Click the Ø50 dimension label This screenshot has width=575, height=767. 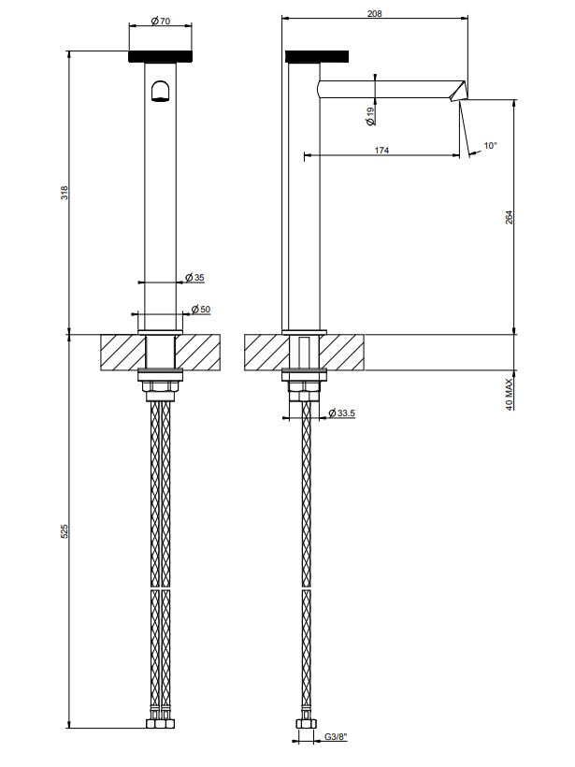[199, 310]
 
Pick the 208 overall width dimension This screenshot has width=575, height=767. [375, 13]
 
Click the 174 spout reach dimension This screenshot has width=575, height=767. [381, 150]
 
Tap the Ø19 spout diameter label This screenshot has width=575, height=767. [370, 116]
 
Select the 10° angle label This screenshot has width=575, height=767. [491, 145]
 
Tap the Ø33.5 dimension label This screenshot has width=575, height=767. [339, 413]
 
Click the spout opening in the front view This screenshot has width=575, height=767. [160, 90]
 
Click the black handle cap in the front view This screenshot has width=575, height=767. [160, 56]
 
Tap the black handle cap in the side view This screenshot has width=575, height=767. [318, 56]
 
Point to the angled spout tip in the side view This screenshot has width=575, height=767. [458, 91]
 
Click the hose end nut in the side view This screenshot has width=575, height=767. [305, 724]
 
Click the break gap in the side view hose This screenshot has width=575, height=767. [305, 588]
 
